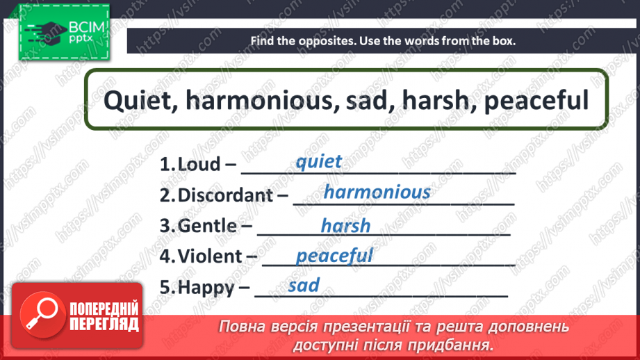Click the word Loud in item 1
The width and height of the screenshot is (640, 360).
(199, 164)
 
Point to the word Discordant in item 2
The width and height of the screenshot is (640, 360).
(225, 195)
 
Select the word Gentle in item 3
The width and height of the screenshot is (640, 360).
(207, 226)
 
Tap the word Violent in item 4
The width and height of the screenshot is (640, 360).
(210, 256)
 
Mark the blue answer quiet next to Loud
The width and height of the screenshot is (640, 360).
(319, 162)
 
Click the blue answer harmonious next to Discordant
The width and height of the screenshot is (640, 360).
(377, 192)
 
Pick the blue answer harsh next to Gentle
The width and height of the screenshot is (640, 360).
(346, 225)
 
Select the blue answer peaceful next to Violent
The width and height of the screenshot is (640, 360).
(334, 256)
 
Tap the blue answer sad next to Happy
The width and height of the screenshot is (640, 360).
(304, 285)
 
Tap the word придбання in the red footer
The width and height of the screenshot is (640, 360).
(450, 346)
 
